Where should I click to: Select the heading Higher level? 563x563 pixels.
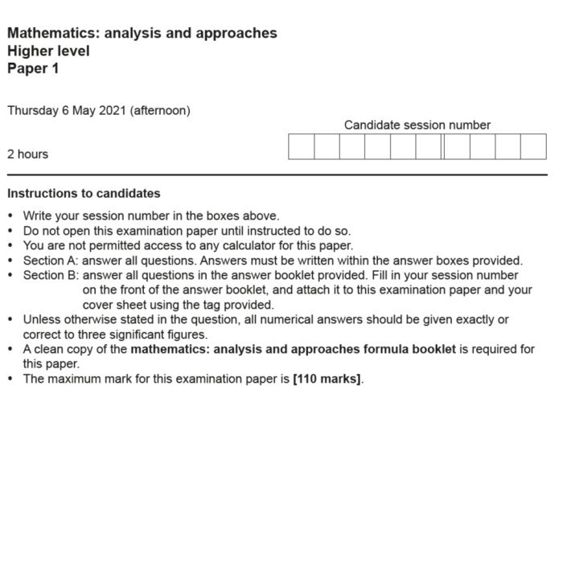[x=48, y=51]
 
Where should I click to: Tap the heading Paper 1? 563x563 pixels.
[x=33, y=68]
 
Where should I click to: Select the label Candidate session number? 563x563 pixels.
[x=417, y=125]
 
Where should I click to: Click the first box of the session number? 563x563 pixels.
[x=301, y=146]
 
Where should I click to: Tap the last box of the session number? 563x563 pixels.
[x=533, y=146]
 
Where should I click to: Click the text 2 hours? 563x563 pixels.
[x=27, y=154]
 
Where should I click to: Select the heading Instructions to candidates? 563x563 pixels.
[x=84, y=194]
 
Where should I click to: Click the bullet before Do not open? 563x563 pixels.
[x=10, y=232]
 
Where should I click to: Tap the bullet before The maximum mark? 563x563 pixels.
[x=10, y=380]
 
